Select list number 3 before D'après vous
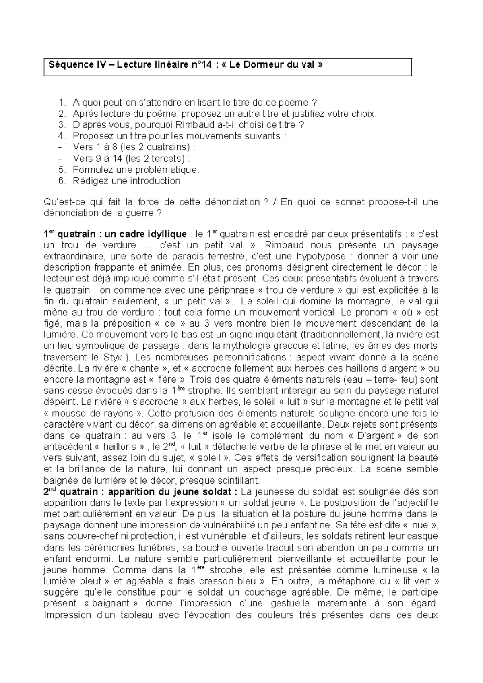click(62, 125)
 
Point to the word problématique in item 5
click(166, 170)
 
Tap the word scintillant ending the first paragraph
click(240, 480)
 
